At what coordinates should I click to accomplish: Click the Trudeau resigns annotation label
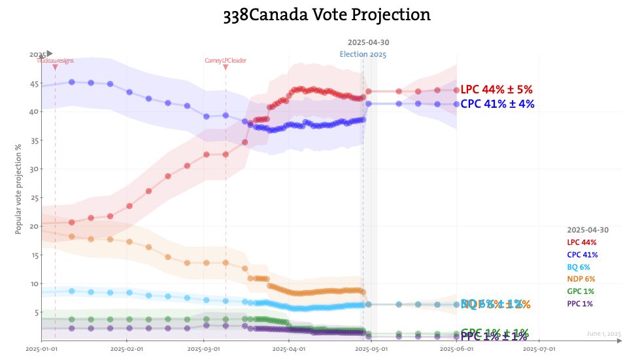click(x=55, y=61)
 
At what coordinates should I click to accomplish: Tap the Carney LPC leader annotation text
click(x=226, y=61)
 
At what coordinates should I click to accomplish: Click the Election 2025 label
click(x=363, y=54)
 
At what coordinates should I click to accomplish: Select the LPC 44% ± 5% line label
click(x=497, y=90)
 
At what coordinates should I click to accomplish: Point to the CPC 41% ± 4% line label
click(x=497, y=103)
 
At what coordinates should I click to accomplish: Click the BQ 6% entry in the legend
click(x=578, y=267)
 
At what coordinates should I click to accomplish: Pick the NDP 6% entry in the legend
click(x=580, y=279)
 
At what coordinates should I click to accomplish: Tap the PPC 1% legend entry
click(x=580, y=304)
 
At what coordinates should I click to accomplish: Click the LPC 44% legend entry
click(x=582, y=242)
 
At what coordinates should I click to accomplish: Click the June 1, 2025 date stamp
click(x=603, y=334)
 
